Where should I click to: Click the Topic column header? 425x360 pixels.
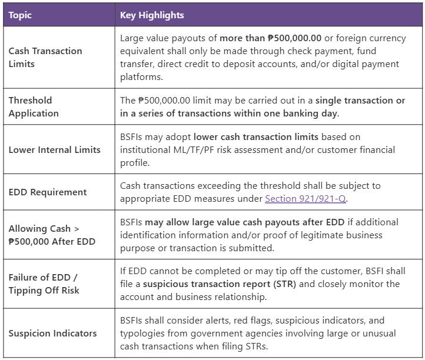[x=20, y=15]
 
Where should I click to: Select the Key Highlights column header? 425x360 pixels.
[x=152, y=15]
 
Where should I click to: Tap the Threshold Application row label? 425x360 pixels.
[x=34, y=106]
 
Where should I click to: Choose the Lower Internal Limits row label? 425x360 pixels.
[x=54, y=149]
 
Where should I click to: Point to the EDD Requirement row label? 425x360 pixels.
[x=48, y=192]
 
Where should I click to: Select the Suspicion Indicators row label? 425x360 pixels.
[x=52, y=333]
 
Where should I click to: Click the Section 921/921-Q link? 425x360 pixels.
[x=305, y=199]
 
